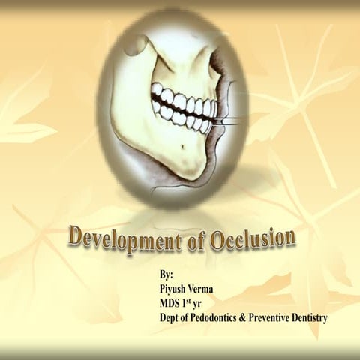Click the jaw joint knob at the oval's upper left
(x=135, y=45)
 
